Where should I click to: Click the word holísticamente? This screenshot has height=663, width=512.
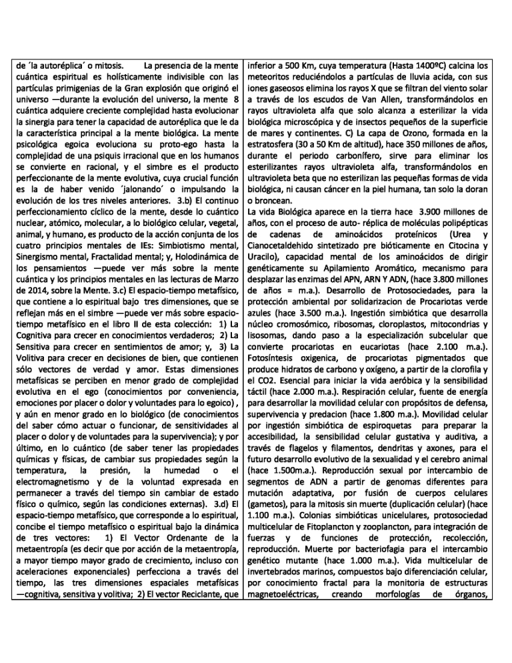point(119,77)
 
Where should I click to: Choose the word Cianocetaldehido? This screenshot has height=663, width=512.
point(285,246)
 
